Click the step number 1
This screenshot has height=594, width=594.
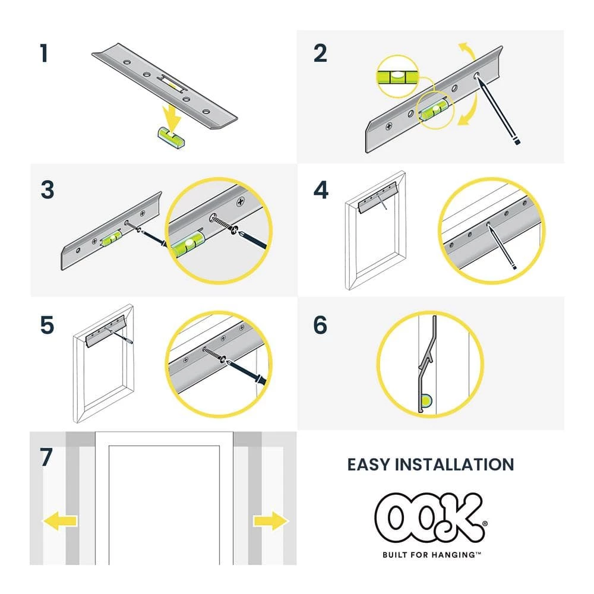click(43, 53)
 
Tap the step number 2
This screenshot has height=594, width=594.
click(320, 53)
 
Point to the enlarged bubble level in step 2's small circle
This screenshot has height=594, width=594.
click(398, 76)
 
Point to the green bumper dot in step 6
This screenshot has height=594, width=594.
click(426, 402)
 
